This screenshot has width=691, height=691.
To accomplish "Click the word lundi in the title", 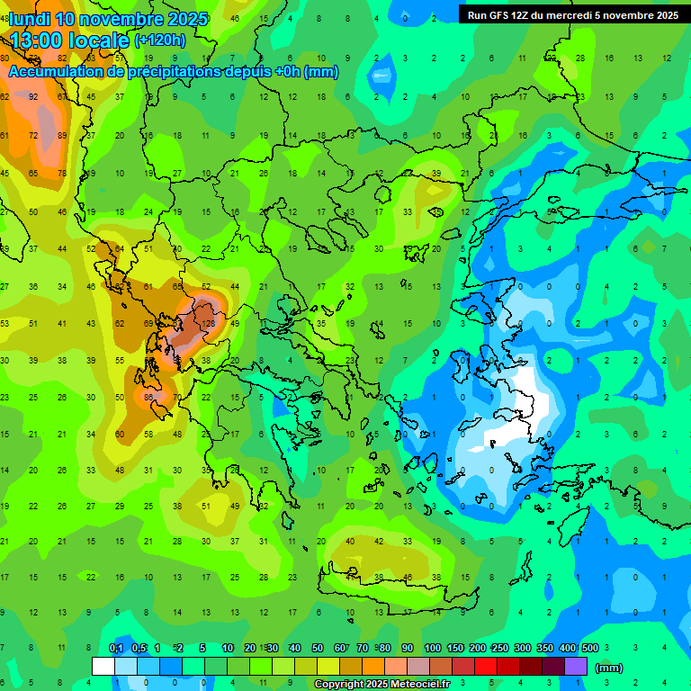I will tap(31, 19).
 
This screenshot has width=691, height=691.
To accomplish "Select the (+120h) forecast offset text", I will tap(160, 40).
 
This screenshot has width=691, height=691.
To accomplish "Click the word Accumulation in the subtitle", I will tap(52, 72).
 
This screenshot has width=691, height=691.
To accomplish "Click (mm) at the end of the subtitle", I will tap(321, 72).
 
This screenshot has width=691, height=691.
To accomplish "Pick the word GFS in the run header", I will tap(503, 15).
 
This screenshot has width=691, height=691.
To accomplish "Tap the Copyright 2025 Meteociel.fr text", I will tap(381, 685).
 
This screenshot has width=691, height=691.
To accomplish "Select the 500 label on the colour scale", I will tap(589, 649).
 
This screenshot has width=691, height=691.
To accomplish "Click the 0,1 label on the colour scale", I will tap(116, 649).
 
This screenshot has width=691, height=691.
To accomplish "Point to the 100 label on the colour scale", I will tap(432, 649).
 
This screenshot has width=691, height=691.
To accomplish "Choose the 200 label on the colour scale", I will tap(477, 649).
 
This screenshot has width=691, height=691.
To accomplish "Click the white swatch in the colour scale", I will tap(103, 666).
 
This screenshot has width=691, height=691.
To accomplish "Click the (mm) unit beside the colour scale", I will tap(609, 668).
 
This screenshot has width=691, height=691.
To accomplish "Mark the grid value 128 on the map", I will tap(209, 323).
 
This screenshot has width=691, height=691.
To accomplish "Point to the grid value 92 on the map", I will tap(33, 96).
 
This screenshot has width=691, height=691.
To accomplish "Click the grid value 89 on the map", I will tap(62, 135).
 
